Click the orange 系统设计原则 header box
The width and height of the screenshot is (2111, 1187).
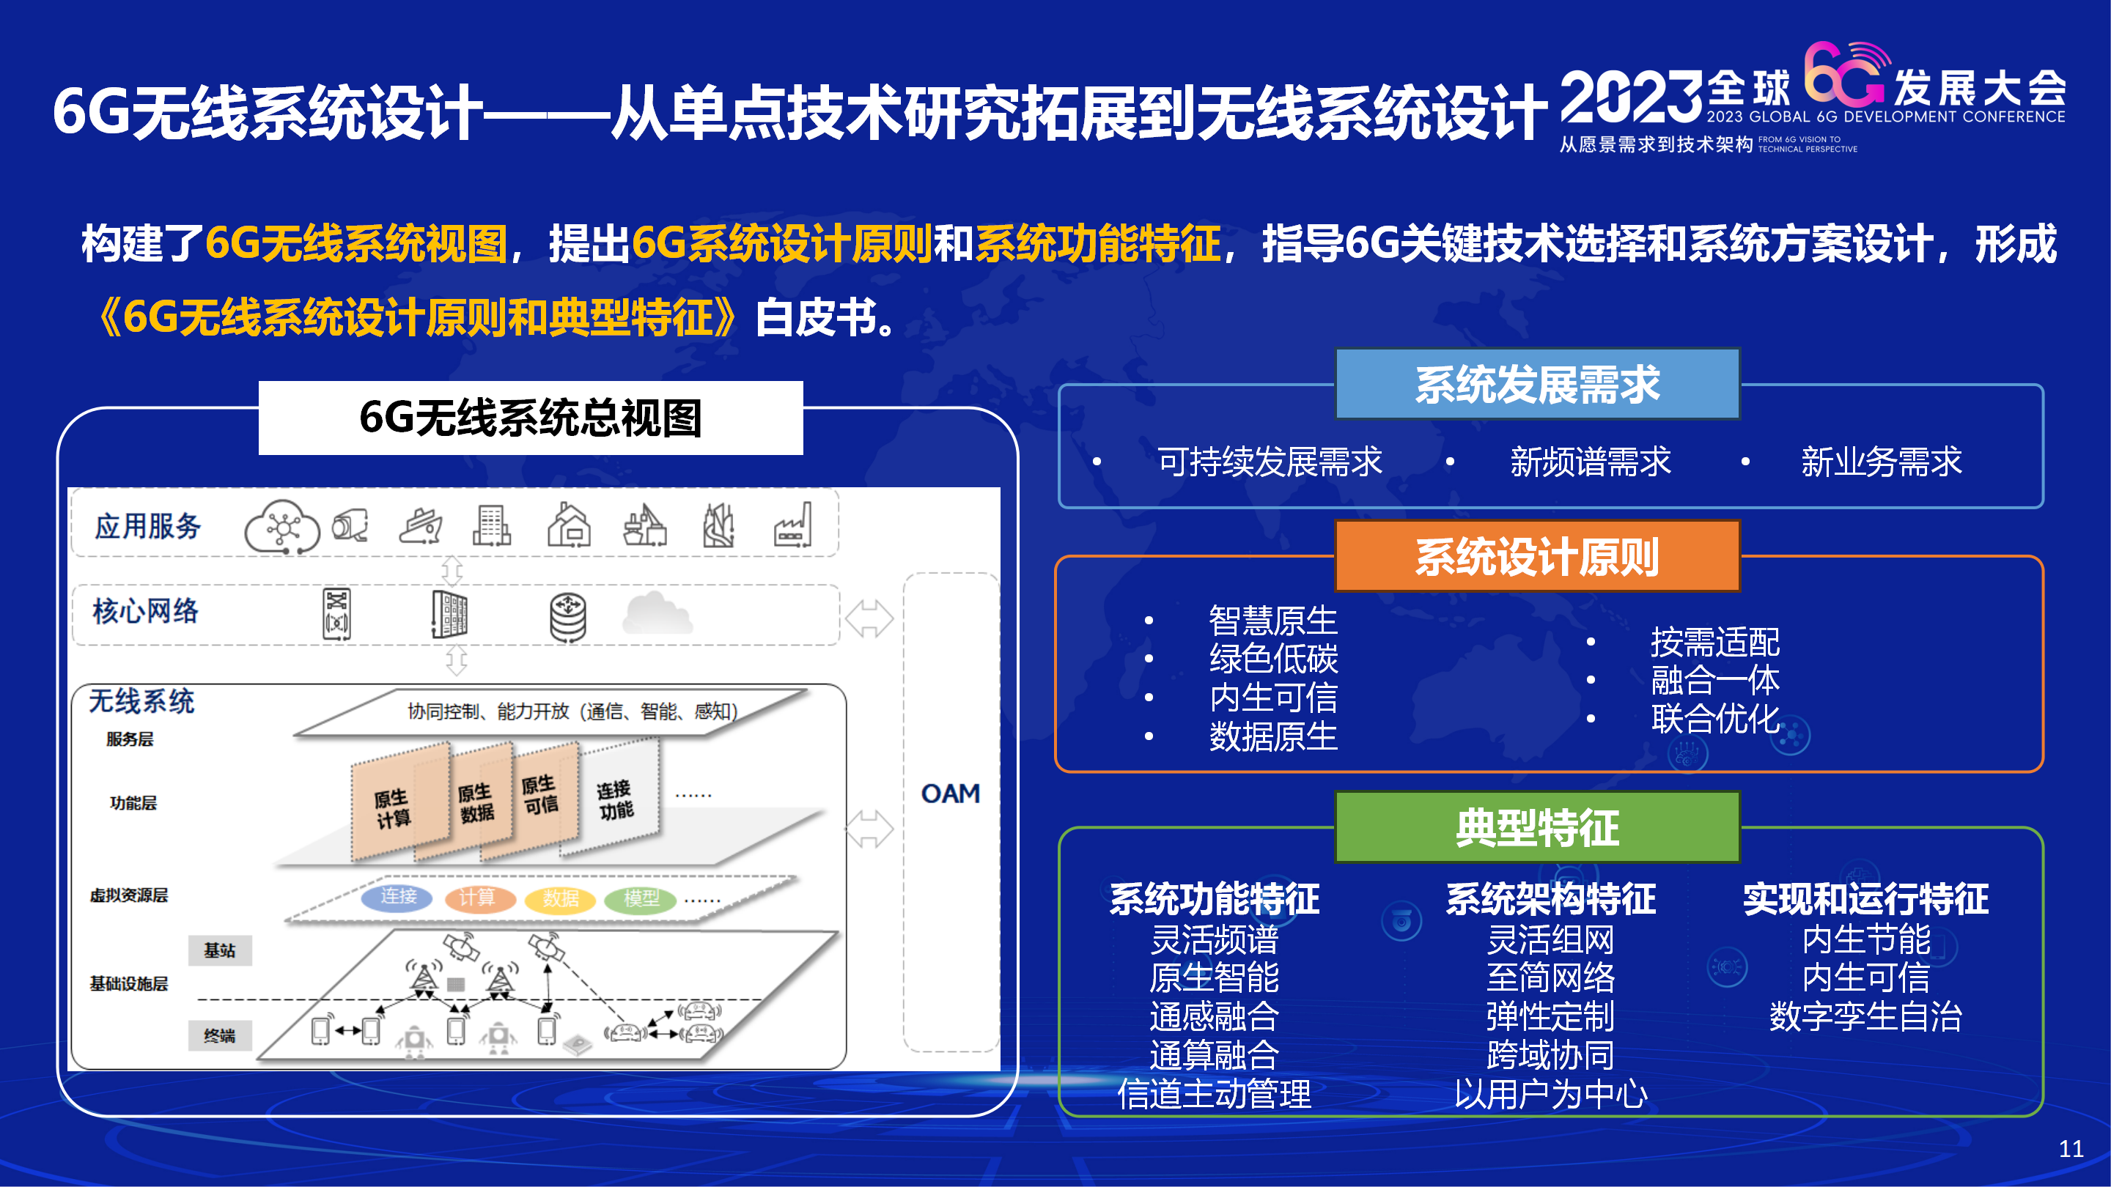1537,556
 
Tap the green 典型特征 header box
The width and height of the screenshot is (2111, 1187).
1537,827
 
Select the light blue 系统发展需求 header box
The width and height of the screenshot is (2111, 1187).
1537,384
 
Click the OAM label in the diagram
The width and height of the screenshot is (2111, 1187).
951,793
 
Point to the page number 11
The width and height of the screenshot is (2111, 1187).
2071,1148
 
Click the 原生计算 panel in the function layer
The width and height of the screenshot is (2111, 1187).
400,801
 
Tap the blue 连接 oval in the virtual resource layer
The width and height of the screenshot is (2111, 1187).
398,896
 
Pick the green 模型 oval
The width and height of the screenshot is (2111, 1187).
641,898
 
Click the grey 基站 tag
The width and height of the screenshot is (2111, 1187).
220,950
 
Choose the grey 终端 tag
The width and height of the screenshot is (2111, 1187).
220,1035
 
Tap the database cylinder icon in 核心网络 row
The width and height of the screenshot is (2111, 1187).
568,617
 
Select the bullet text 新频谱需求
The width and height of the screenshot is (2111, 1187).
1591,461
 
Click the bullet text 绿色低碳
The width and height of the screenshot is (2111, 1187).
1273,659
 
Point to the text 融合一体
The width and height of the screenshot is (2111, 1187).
1715,680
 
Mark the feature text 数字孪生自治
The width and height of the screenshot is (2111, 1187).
1866,1016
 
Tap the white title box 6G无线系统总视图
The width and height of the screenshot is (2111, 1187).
531,418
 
